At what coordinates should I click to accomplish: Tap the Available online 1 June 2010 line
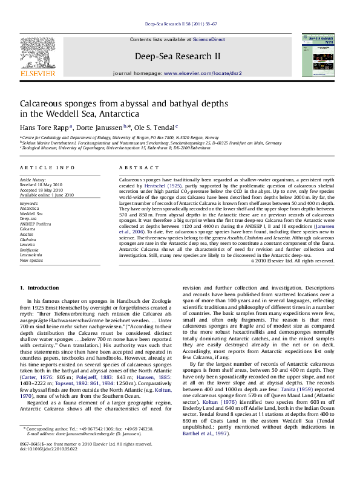point(46,195)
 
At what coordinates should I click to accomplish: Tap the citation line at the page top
point(180,25)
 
